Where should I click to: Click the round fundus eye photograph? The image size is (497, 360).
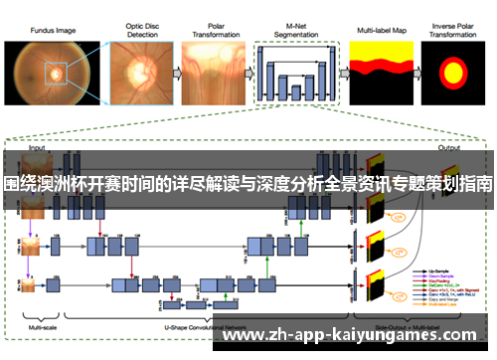click(x=46, y=75)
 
